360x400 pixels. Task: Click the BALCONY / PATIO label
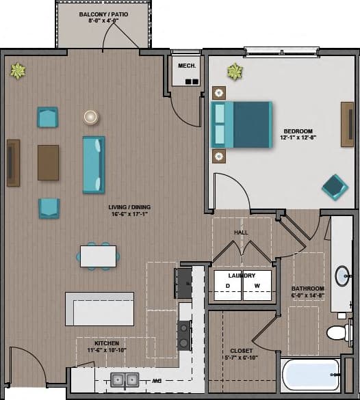(103, 14)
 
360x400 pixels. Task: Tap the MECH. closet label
(187, 66)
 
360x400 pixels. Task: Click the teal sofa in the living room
(93, 164)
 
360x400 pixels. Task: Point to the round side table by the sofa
(91, 117)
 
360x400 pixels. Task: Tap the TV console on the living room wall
(13, 163)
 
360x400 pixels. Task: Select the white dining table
(98, 256)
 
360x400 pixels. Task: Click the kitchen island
(99, 309)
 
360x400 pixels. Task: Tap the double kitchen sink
(125, 379)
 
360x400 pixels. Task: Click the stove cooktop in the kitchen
(184, 335)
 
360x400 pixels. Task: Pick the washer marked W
(257, 286)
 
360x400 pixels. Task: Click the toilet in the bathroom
(337, 332)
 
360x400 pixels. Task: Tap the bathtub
(311, 375)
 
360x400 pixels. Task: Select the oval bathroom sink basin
(342, 276)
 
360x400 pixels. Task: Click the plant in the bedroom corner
(235, 71)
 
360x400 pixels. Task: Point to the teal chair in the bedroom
(334, 186)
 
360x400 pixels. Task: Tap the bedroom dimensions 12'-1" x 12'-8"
(298, 137)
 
